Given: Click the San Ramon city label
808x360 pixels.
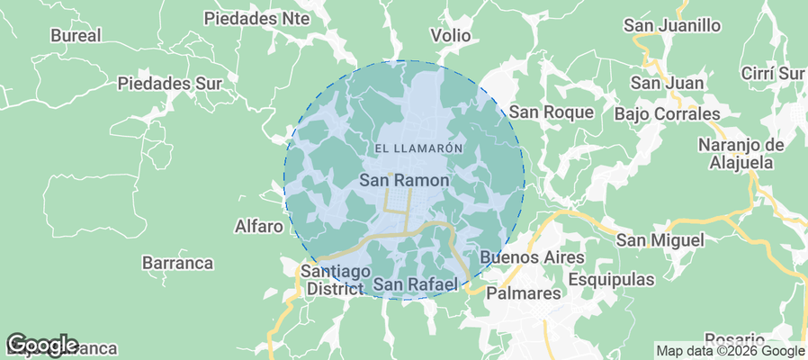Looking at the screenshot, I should tap(404, 181).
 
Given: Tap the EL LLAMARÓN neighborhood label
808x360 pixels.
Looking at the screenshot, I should tap(417, 148).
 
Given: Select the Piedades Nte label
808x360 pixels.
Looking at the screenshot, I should tap(256, 18).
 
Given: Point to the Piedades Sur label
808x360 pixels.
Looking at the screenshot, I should tap(169, 84).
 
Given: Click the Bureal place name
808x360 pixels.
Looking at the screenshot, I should tap(76, 36).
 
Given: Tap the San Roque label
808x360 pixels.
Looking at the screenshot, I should tap(552, 112).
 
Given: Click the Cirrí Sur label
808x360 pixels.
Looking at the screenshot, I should tap(772, 73).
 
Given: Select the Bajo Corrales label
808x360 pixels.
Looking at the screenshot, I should tap(668, 114).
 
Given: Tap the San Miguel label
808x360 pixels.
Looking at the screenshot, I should tap(660, 240).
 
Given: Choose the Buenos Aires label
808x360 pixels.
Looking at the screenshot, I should tap(532, 258).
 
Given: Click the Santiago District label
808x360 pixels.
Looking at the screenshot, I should tap(335, 280).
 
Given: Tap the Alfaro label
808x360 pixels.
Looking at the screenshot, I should tap(258, 226).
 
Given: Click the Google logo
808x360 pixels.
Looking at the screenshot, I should tap(42, 345).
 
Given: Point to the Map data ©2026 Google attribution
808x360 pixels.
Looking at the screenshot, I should tap(730, 351).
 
